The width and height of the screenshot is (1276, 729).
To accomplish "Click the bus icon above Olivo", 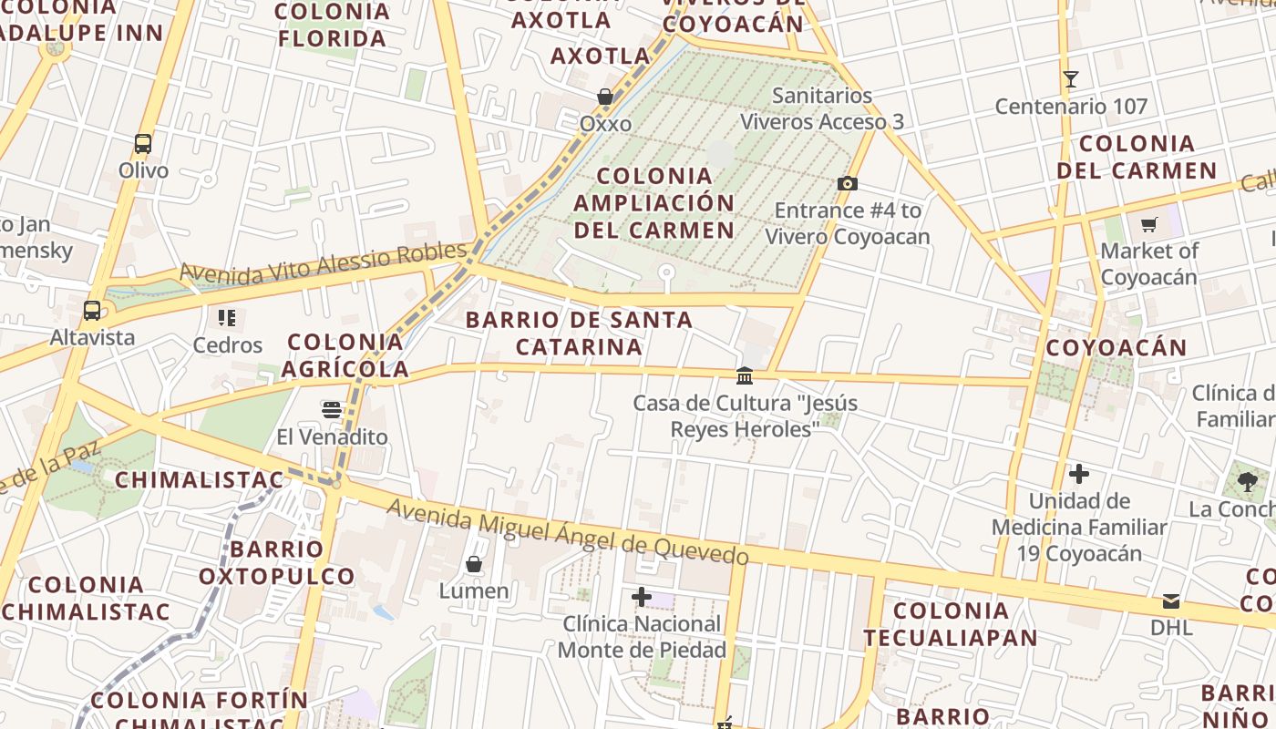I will click(x=143, y=144).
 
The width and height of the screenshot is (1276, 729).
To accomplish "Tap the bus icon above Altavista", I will click(x=92, y=310).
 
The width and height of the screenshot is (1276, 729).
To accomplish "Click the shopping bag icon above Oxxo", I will click(x=604, y=97).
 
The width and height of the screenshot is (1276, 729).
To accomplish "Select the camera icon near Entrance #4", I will click(x=847, y=184).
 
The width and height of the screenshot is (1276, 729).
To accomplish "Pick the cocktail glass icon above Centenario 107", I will click(x=1071, y=79).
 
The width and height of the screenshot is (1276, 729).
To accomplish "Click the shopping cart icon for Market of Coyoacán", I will click(x=1148, y=224).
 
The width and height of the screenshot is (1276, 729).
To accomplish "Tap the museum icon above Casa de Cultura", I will click(x=745, y=375).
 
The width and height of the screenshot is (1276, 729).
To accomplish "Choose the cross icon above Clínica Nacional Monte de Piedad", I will click(x=642, y=597).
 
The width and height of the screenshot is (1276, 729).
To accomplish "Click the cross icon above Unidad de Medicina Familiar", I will click(x=1079, y=474).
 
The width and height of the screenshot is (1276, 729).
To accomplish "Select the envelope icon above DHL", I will click(x=1171, y=601).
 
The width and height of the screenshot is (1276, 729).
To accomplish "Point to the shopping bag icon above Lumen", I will click(x=474, y=564).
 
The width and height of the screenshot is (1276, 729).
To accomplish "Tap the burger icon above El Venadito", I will click(x=332, y=409).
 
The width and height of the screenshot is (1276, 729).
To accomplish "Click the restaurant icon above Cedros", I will click(x=227, y=318).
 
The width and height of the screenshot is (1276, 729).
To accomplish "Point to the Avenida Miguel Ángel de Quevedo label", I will click(x=568, y=531).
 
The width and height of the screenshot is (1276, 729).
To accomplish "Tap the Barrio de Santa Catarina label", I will click(x=580, y=334).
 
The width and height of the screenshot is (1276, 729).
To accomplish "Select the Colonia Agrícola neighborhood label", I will click(x=345, y=355).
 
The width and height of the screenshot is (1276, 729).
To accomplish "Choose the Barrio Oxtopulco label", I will click(x=277, y=562).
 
